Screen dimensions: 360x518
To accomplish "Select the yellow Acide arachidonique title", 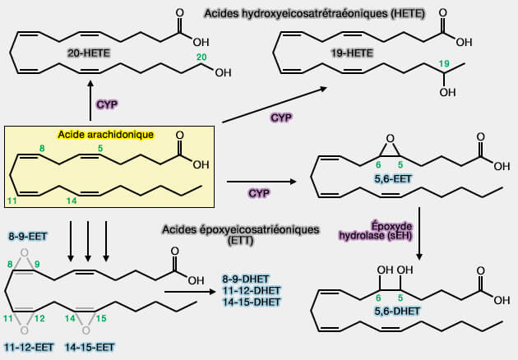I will pos(105,134).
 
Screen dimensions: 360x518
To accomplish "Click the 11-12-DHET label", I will pos(250,290).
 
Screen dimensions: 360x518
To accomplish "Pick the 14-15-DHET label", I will pos(250,302).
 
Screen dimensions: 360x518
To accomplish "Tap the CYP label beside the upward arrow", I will pos(107,104).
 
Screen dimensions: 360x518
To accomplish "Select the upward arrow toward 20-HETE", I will pos(89,102).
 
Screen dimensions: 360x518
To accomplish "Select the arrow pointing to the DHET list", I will pos(192,291).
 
